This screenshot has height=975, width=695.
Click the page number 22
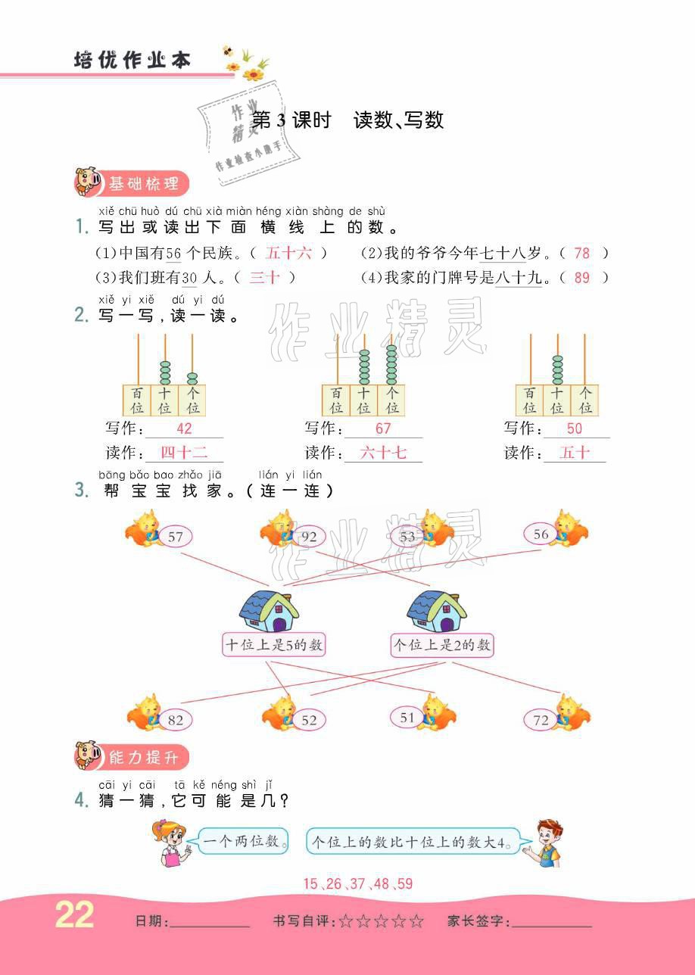coord(75,916)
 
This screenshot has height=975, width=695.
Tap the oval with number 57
coord(176,537)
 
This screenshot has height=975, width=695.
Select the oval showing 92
coord(309,537)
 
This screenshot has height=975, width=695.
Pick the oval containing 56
coord(541,534)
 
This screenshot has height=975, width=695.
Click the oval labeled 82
coord(176,720)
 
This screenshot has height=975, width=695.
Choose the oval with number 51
coord(407,717)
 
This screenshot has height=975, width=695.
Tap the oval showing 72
coord(541,720)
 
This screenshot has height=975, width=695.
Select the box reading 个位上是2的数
coord(441,645)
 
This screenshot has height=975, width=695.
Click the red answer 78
coord(581,254)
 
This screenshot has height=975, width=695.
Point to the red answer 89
coord(581,277)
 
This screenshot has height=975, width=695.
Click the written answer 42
coord(184,428)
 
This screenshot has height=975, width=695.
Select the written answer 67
coord(383,428)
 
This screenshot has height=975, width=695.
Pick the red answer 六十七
coord(383,453)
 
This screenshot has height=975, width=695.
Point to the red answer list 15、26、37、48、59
coord(357,883)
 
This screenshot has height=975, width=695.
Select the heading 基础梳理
coord(144,183)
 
